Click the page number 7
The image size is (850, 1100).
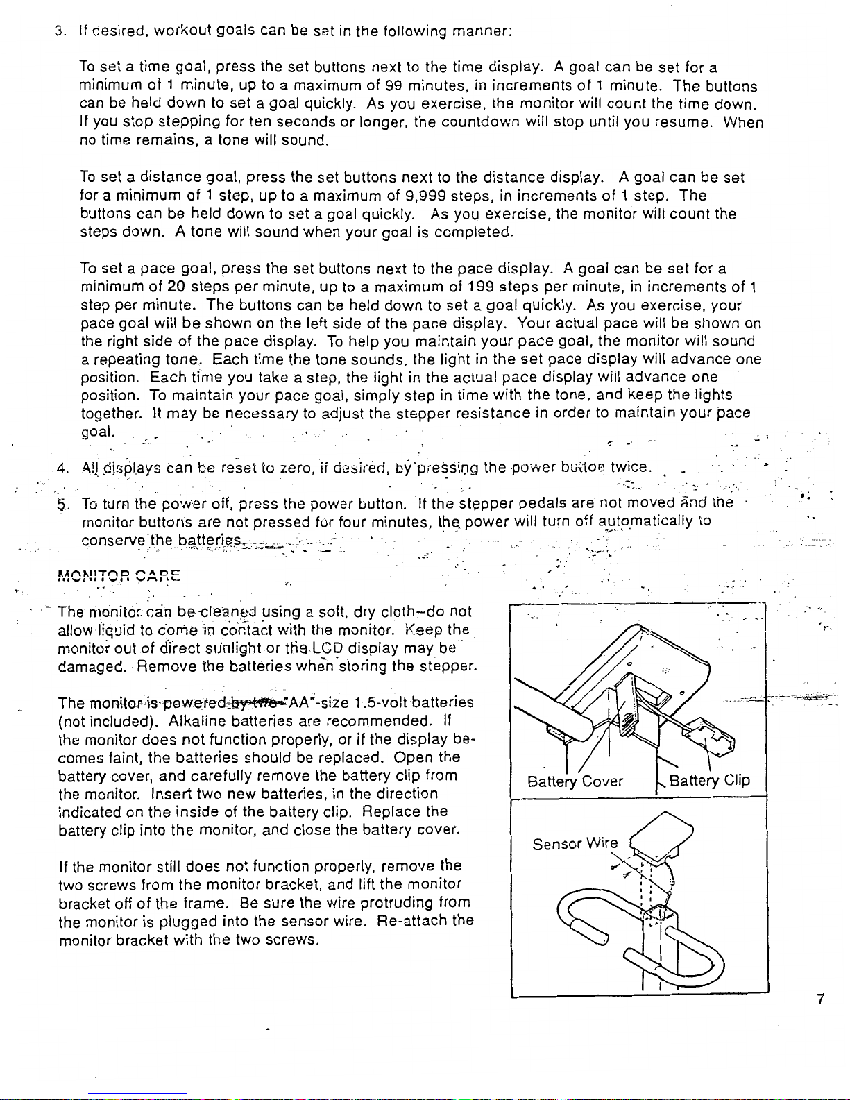[820, 999]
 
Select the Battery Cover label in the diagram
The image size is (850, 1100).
[575, 781]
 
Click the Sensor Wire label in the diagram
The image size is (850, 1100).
[575, 844]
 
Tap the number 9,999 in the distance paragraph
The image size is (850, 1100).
[425, 196]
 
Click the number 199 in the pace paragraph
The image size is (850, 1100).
[481, 287]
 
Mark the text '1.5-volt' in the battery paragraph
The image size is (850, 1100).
[377, 702]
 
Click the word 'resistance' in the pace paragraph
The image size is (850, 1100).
[493, 413]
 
